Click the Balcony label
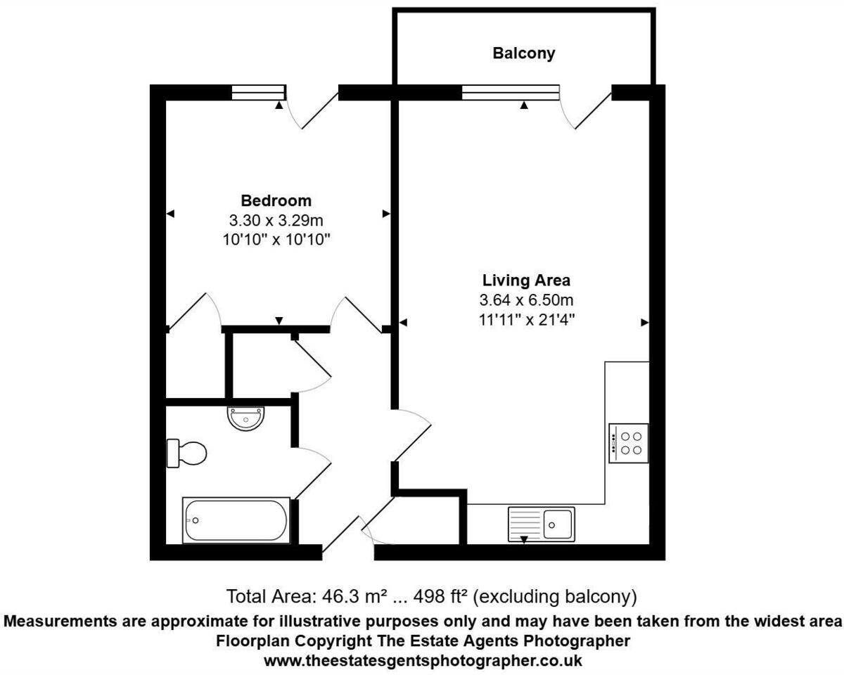tap(523, 53)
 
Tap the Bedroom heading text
tap(276, 200)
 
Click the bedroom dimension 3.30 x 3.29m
tap(276, 220)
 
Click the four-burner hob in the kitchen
tap(628, 443)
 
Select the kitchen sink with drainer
tap(541, 524)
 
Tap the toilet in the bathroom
tap(186, 453)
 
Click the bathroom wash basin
tap(246, 418)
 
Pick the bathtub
tap(236, 520)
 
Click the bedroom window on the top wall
tap(258, 92)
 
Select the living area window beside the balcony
tap(511, 92)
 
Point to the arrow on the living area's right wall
tap(644, 322)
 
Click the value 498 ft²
tap(441, 597)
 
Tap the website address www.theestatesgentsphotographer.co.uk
tap(422, 661)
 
